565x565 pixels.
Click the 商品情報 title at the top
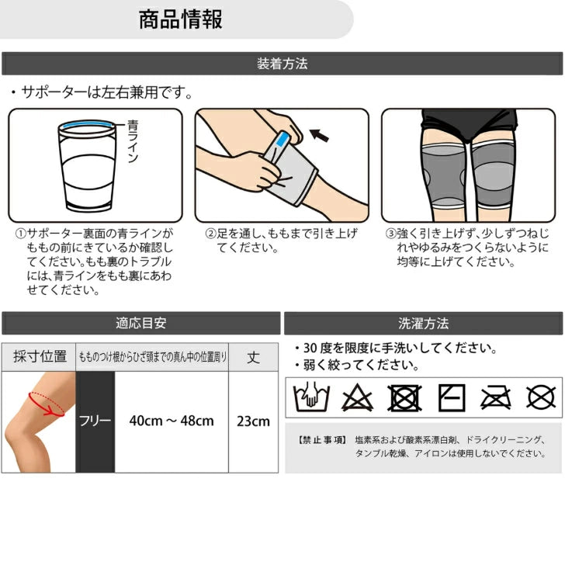pyautogui.click(x=181, y=19)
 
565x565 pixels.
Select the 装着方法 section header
pyautogui.click(x=282, y=64)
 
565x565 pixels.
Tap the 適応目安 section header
pyautogui.click(x=141, y=323)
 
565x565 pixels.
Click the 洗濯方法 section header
pyautogui.click(x=424, y=323)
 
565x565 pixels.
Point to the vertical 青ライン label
pyautogui.click(x=133, y=141)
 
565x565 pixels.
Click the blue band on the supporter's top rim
pyautogui.click(x=87, y=124)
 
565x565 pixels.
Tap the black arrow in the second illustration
pyautogui.click(x=319, y=135)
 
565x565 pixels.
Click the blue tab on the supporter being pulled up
pyautogui.click(x=282, y=140)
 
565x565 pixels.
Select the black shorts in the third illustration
pyautogui.click(x=469, y=123)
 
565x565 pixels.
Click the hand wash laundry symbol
pyautogui.click(x=311, y=397)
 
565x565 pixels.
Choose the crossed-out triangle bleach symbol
pyautogui.click(x=357, y=397)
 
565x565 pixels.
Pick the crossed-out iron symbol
pyautogui.click(x=496, y=398)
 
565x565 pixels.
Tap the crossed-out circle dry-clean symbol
pyautogui.click(x=541, y=398)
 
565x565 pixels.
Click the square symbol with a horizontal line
pyautogui.click(x=452, y=398)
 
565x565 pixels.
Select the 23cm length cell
pyautogui.click(x=253, y=421)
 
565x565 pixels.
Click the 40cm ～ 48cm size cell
pyautogui.click(x=172, y=421)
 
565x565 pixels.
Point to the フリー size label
pyautogui.click(x=95, y=421)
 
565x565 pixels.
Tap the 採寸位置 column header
pyautogui.click(x=40, y=356)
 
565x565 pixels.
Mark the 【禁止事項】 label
pyautogui.click(x=322, y=440)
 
